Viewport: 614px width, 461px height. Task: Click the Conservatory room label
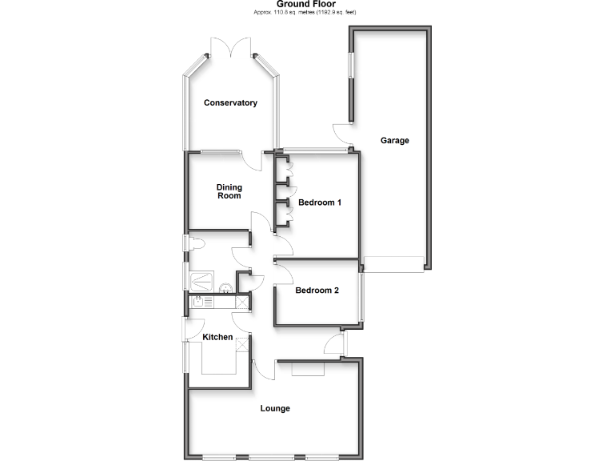(230, 103)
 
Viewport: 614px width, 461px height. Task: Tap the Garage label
(394, 140)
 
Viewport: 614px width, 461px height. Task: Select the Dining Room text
(229, 191)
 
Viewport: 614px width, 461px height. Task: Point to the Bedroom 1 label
(320, 202)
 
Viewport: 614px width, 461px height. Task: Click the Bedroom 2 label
(317, 291)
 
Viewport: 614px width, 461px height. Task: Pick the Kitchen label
(217, 338)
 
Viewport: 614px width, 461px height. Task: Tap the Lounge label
(274, 408)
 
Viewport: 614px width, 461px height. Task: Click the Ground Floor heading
(307, 5)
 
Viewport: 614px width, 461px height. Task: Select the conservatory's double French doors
(233, 47)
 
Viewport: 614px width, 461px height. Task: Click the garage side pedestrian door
(343, 134)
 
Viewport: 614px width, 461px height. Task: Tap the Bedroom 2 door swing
(283, 272)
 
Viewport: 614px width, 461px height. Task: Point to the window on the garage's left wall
(349, 66)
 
